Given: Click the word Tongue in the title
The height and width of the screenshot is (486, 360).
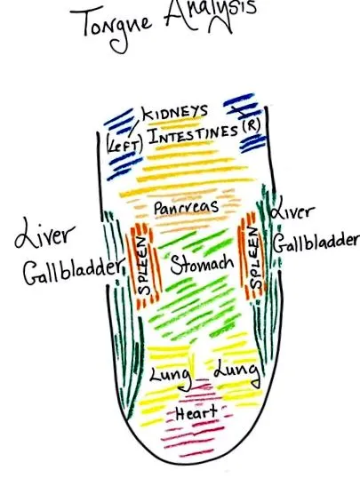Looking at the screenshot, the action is click(112, 27).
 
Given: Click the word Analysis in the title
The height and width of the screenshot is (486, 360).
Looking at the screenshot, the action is click(211, 14).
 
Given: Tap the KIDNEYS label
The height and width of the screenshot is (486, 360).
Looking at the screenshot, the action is click(175, 112).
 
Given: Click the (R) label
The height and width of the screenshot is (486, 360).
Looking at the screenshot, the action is click(252, 126).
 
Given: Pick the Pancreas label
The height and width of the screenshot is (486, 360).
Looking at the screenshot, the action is click(186, 208).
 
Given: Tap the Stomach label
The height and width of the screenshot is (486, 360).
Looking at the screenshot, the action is click(202, 264).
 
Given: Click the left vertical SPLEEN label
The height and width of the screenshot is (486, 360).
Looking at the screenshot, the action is click(145, 266).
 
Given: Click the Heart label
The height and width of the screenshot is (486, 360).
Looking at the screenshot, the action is click(196, 413).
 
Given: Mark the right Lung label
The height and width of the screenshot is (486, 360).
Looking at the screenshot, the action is click(237, 372).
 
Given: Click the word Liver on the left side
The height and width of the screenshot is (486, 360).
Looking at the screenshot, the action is click(45, 233).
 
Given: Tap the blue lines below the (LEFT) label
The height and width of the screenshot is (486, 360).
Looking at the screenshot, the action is click(124, 167).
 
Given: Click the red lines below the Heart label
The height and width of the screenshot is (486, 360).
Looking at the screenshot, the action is click(193, 440).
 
